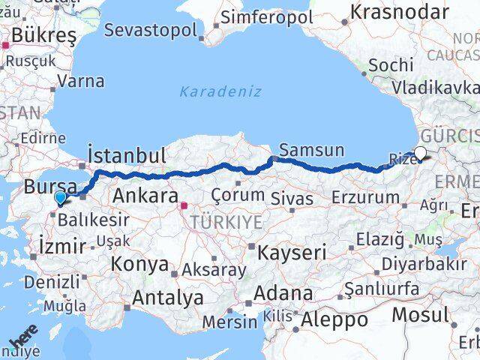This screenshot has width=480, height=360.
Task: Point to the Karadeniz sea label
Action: (x=220, y=91)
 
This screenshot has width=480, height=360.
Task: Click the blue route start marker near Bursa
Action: (x=61, y=197)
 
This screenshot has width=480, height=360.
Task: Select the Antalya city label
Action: (x=167, y=298)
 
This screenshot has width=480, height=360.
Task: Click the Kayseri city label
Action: (x=292, y=253)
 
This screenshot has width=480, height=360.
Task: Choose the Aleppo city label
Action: (x=334, y=320)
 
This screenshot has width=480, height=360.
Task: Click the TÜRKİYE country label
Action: (x=226, y=222)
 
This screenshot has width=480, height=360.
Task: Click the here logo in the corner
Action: (x=22, y=342)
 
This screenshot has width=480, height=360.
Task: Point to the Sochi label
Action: (x=391, y=65)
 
